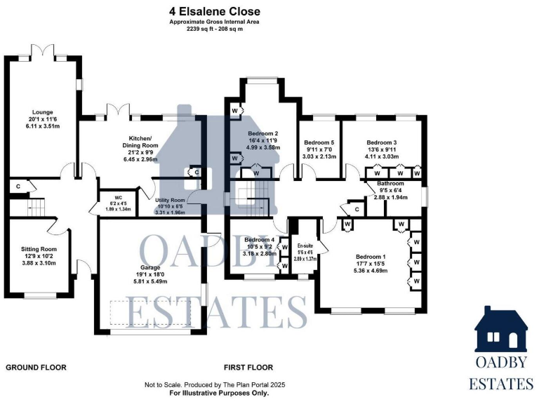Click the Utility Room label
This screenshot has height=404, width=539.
click(x=169, y=200)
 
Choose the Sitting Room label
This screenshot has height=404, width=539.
click(x=39, y=249)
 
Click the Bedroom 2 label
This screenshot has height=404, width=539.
click(x=263, y=133)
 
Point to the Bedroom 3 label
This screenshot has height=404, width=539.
click(x=381, y=142)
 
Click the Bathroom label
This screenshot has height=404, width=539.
click(x=390, y=182)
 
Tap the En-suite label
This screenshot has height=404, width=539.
click(x=305, y=245)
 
